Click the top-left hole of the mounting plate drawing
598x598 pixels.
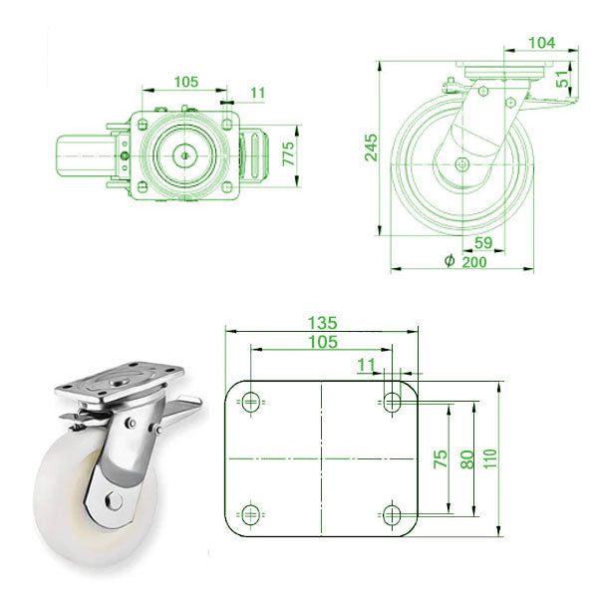coord(249,402)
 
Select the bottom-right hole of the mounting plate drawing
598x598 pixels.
coord(392,514)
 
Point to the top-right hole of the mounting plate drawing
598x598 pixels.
coord(392,402)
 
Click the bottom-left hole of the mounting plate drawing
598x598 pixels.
coord(249,514)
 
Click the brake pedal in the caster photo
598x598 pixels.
coord(179,405)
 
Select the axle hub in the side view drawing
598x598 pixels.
coord(461,164)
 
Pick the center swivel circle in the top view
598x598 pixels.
coord(185,155)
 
